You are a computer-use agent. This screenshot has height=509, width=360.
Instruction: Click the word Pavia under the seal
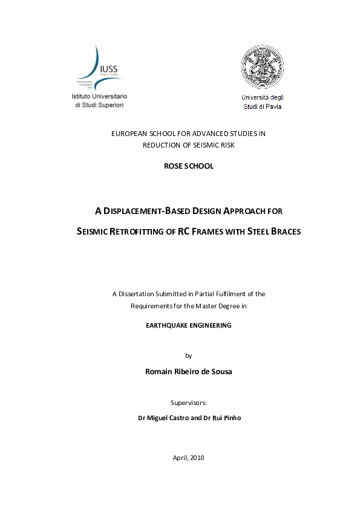(270, 106)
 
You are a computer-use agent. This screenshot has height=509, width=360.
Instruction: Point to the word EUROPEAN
(130, 134)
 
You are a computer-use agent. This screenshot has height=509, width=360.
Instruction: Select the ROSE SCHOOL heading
(188, 166)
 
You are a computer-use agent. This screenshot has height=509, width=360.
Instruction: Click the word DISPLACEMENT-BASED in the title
(146, 212)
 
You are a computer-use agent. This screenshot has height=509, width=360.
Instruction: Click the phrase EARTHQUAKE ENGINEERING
(189, 325)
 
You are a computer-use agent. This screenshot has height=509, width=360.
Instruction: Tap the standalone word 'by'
(188, 355)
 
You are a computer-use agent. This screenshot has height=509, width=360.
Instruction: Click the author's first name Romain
(159, 371)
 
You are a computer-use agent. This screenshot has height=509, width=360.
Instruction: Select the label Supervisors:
(189, 402)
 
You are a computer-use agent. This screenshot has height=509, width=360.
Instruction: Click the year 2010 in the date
(196, 458)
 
